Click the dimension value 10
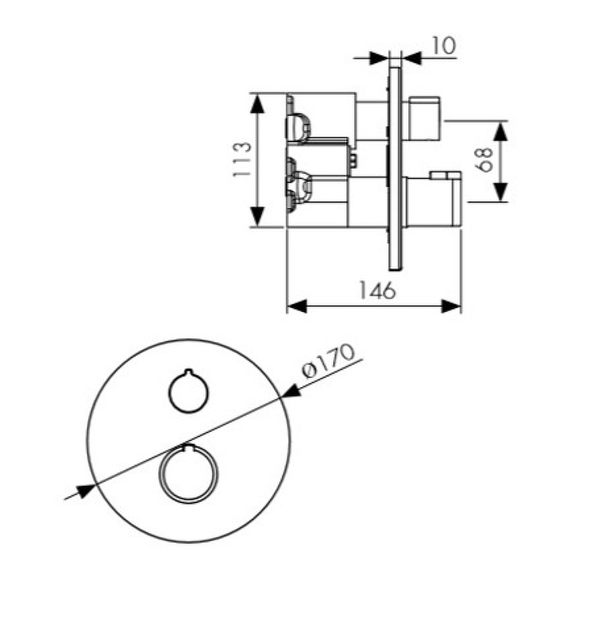click(444, 46)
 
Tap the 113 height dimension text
click(243, 159)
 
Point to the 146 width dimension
click(377, 290)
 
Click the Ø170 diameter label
click(329, 360)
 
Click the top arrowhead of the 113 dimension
click(258, 103)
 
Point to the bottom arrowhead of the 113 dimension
click(258, 216)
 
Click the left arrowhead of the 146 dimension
click(297, 307)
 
